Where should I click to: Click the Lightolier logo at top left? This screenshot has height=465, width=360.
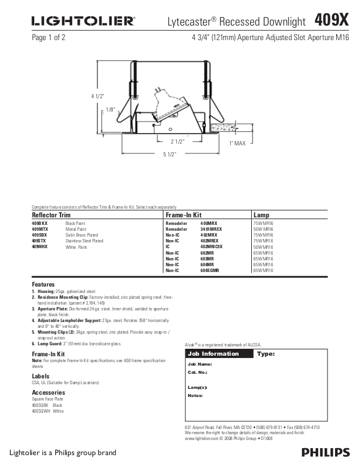click(83, 22)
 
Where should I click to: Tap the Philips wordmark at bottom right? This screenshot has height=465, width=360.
click(325, 452)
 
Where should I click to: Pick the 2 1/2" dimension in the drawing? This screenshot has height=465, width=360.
click(177, 141)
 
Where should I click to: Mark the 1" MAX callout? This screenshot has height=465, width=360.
click(237, 142)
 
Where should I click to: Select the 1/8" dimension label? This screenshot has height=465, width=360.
click(111, 109)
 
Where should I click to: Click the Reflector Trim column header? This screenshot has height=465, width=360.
click(51, 215)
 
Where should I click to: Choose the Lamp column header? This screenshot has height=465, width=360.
click(261, 215)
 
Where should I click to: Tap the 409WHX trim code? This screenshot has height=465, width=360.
click(40, 246)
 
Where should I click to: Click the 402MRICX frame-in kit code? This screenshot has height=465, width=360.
click(212, 246)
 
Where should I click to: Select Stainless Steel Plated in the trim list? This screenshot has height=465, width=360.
click(84, 241)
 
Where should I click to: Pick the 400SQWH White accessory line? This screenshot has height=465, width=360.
click(48, 411)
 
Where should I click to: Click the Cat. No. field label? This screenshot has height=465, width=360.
click(198, 372)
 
